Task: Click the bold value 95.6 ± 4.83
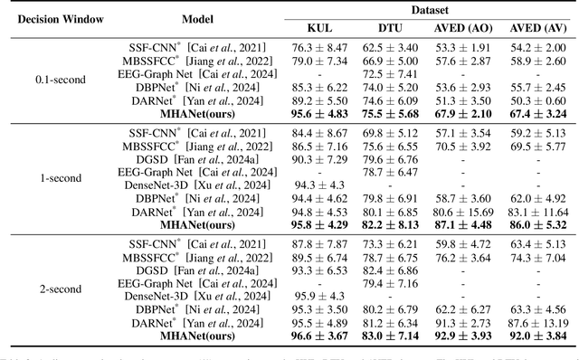(319, 114)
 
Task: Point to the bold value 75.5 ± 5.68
(391, 114)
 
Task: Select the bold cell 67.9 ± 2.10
(464, 114)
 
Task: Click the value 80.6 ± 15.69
(464, 212)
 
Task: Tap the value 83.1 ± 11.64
(537, 212)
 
